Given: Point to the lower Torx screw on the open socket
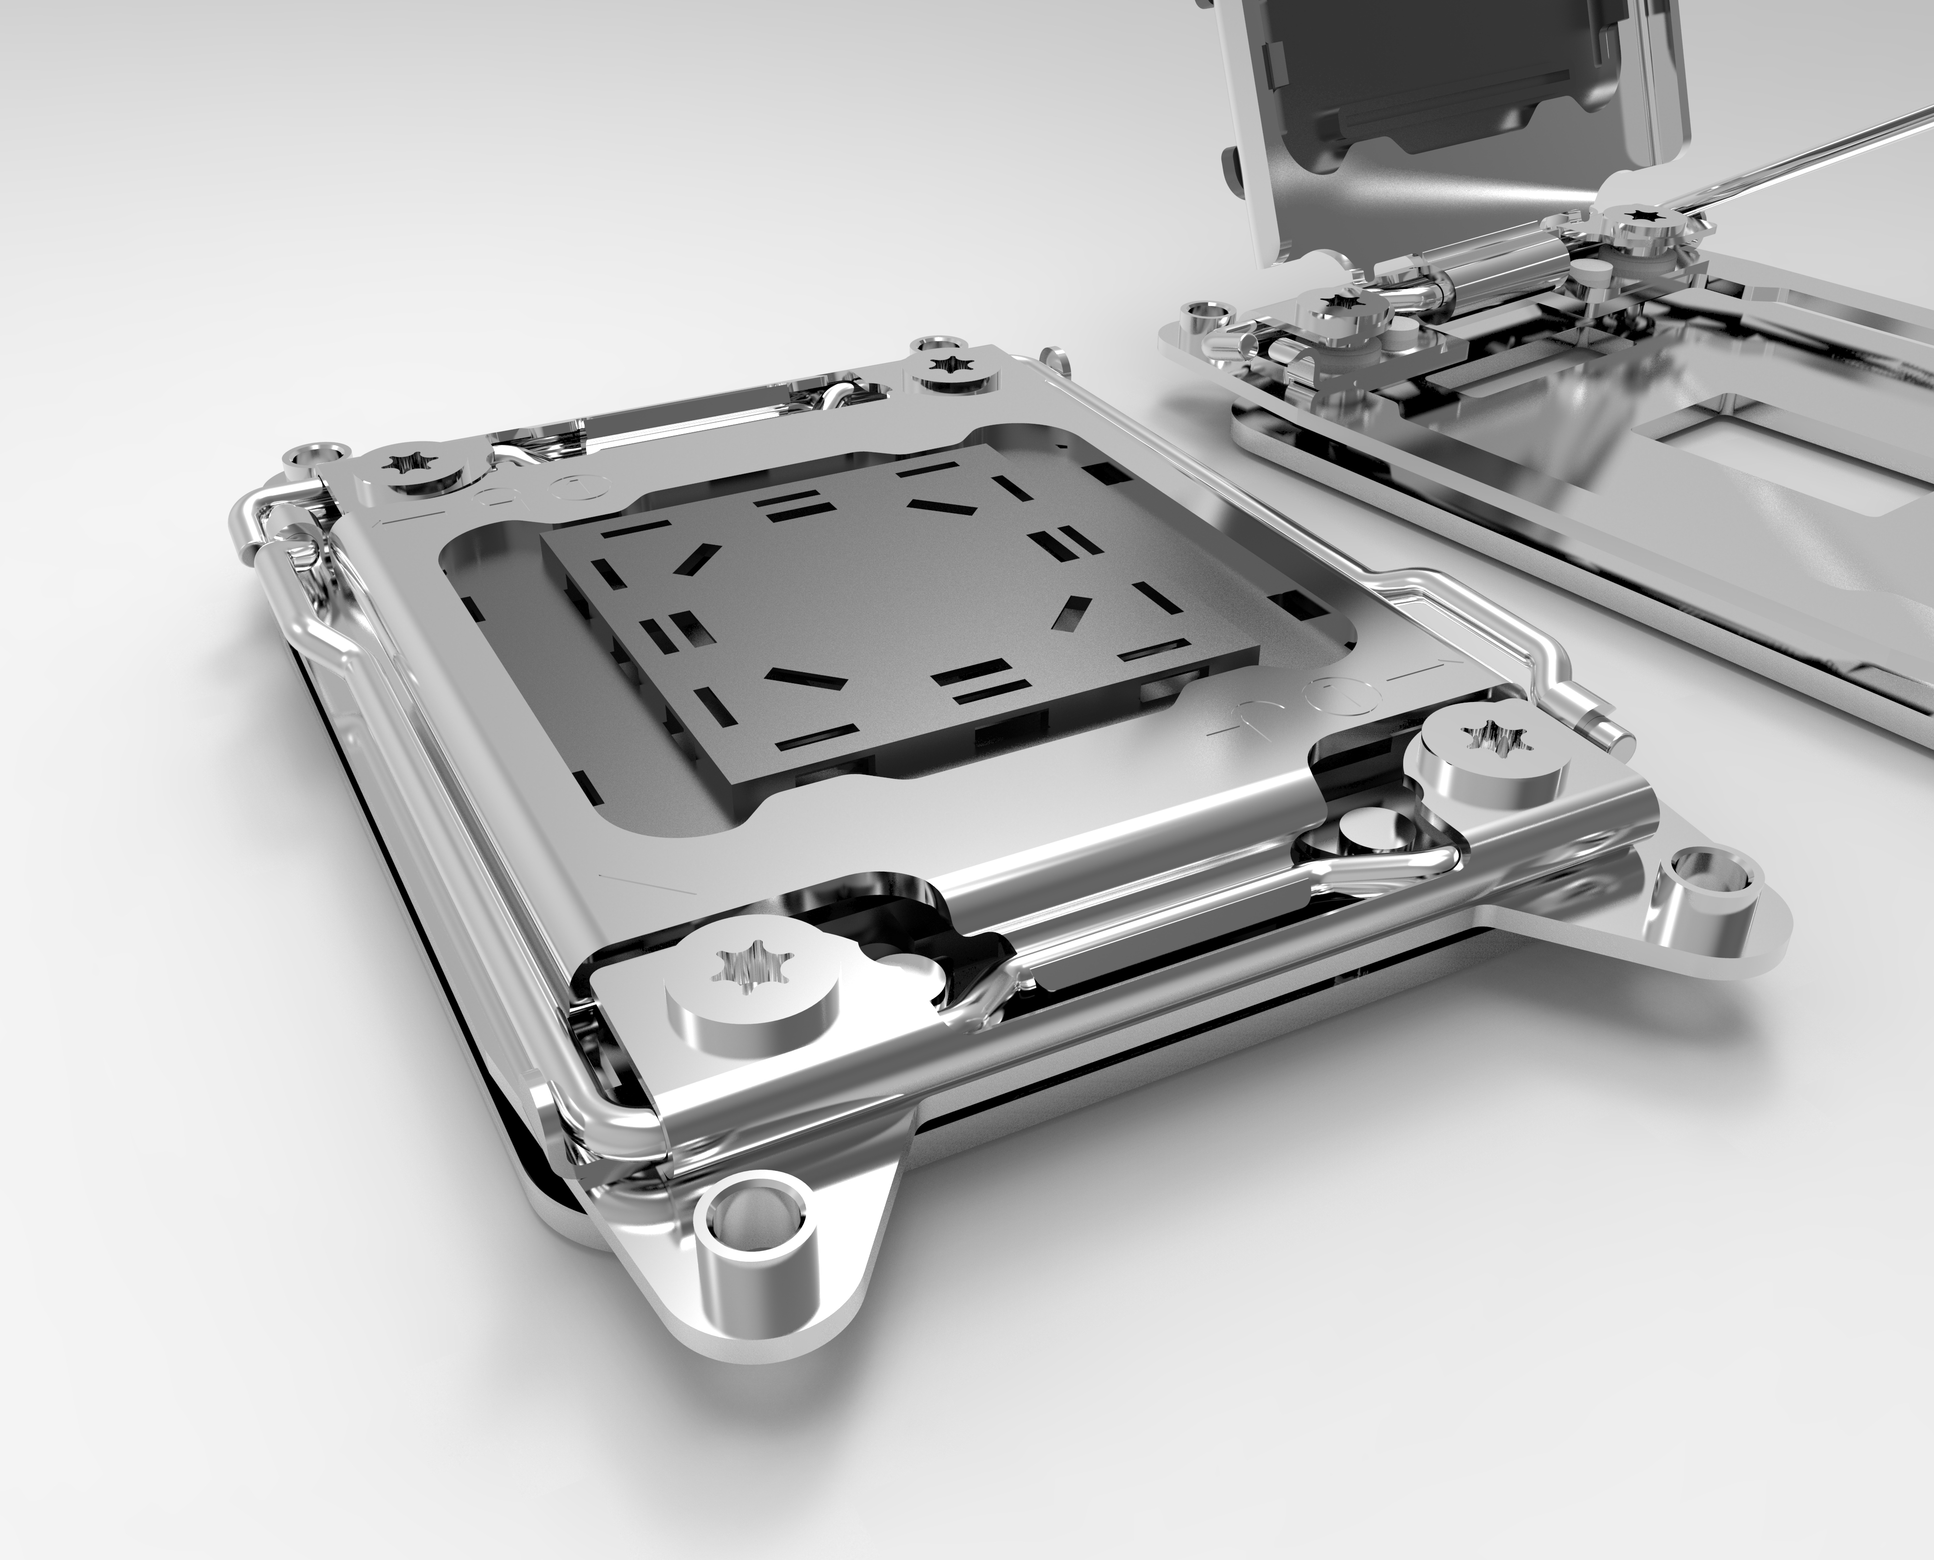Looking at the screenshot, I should point(1345,310).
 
